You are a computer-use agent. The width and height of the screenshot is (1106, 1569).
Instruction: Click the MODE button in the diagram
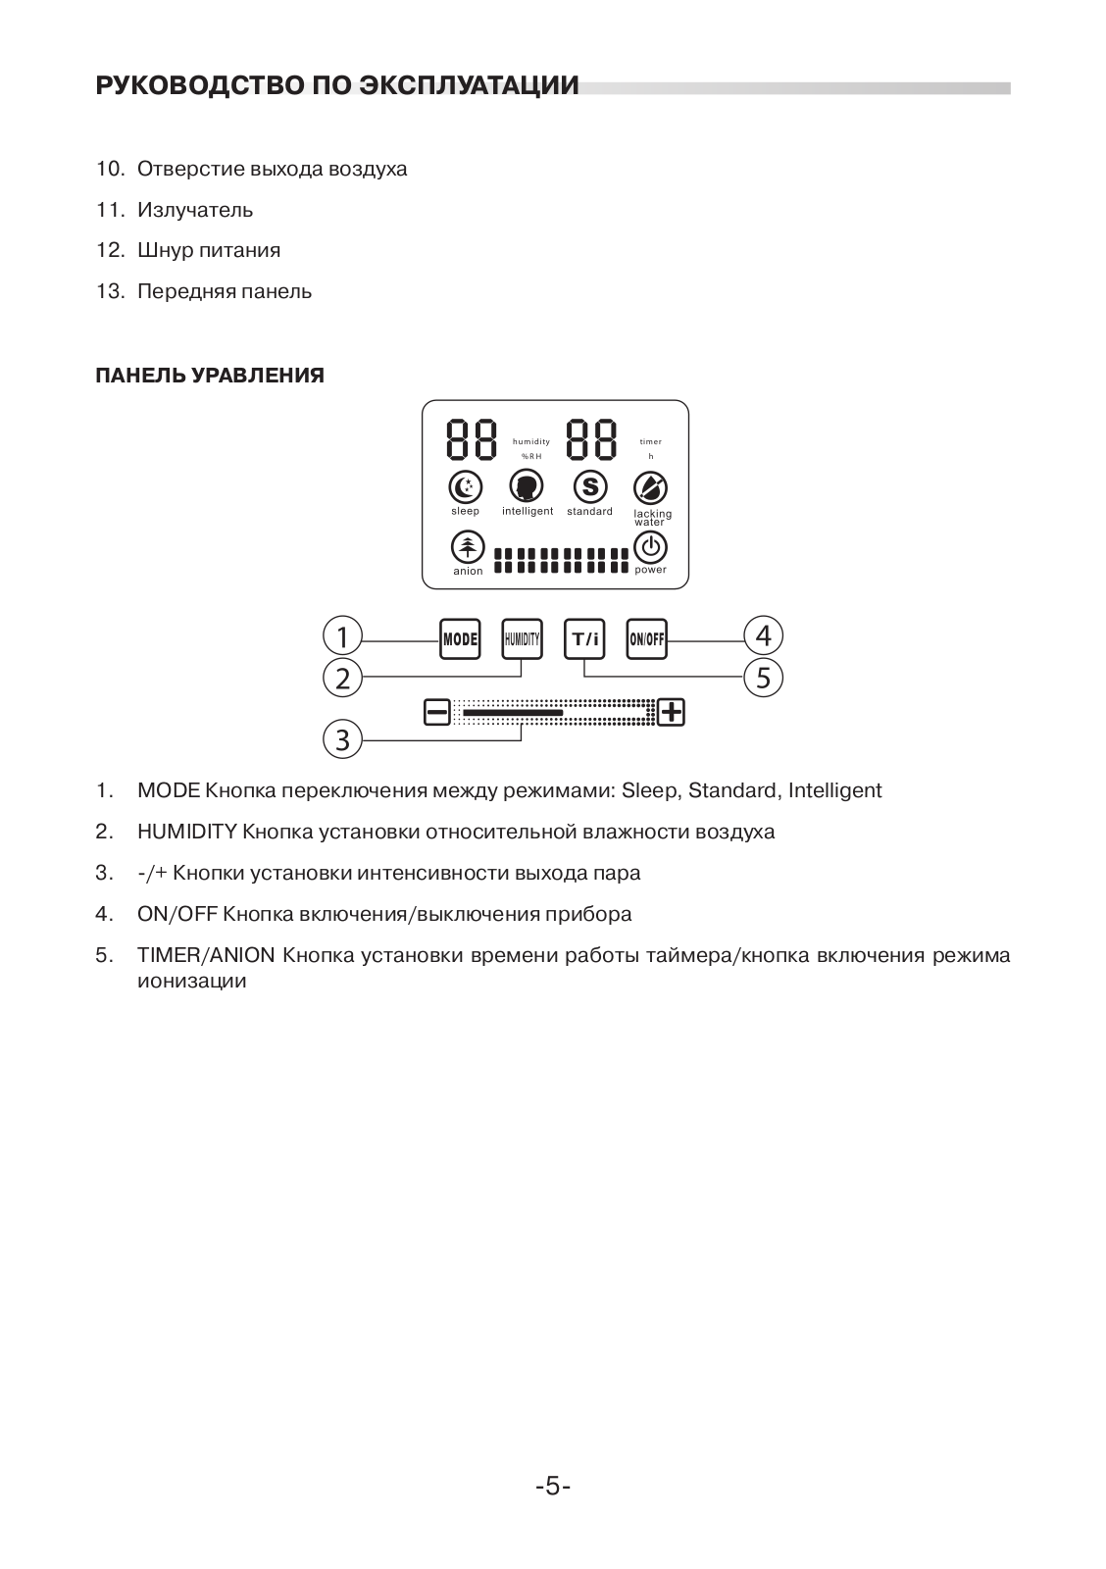[460, 639]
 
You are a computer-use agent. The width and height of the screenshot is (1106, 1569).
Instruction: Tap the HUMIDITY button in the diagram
[522, 639]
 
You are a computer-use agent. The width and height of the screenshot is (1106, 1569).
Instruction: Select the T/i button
[584, 639]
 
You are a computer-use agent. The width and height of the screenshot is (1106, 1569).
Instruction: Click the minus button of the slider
[436, 712]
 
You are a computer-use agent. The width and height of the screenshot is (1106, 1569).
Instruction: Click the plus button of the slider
[672, 712]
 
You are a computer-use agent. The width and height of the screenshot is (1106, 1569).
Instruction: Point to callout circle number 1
[342, 637]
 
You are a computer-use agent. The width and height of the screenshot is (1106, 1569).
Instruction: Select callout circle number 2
[342, 678]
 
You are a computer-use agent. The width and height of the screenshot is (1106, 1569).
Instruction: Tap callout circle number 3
[342, 738]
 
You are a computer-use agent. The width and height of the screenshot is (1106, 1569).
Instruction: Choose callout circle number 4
[764, 635]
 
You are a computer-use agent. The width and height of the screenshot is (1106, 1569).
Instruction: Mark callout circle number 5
[764, 677]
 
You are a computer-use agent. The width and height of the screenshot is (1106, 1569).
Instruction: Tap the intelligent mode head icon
[527, 486]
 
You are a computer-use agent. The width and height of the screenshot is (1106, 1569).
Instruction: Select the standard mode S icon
[589, 486]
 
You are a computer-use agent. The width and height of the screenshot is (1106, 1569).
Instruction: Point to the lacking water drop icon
[650, 487]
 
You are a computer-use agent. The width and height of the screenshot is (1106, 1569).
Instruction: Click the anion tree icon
[468, 547]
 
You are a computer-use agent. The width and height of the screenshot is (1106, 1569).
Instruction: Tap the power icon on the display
[650, 546]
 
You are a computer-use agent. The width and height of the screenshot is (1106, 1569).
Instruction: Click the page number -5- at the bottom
[553, 1487]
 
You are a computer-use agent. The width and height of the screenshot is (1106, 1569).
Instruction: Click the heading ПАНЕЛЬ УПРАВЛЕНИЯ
[210, 376]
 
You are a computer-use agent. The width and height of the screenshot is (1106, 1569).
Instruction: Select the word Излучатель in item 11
[195, 210]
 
